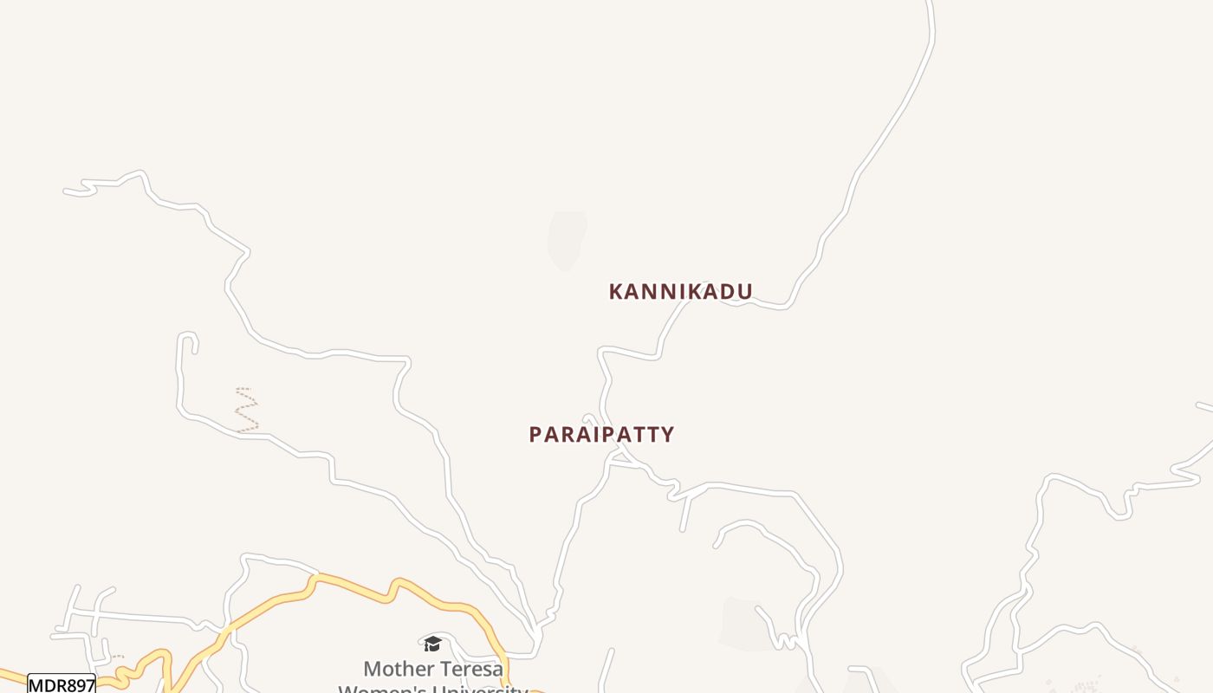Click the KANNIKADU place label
point(680,291)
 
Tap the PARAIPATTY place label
point(601,434)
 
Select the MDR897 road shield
point(62,685)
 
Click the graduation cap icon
point(432,644)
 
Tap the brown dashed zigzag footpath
point(247,409)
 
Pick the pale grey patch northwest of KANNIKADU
point(567,238)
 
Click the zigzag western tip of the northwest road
point(82,187)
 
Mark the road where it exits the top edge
point(931,5)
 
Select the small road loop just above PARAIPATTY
point(589,419)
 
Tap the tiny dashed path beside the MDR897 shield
point(116,657)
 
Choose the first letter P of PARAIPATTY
point(535,435)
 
